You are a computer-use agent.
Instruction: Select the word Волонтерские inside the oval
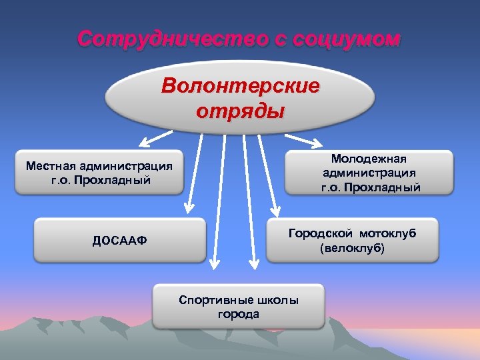point(241,87)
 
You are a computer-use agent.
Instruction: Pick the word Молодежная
point(371,159)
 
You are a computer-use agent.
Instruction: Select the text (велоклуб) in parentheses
point(353,249)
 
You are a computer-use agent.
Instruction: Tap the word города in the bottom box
point(239,314)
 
